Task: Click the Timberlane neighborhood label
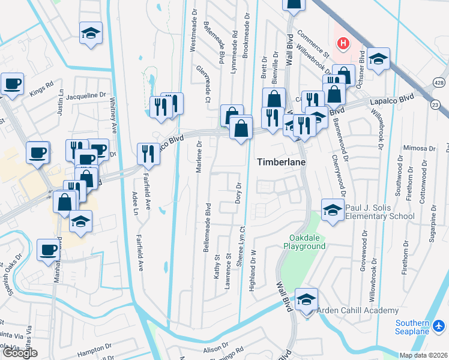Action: coord(283,162)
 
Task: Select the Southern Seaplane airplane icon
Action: coord(439,326)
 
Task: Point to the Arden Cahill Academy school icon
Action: coord(306,299)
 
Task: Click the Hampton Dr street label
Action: coord(95,347)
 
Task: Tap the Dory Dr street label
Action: coord(238,192)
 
